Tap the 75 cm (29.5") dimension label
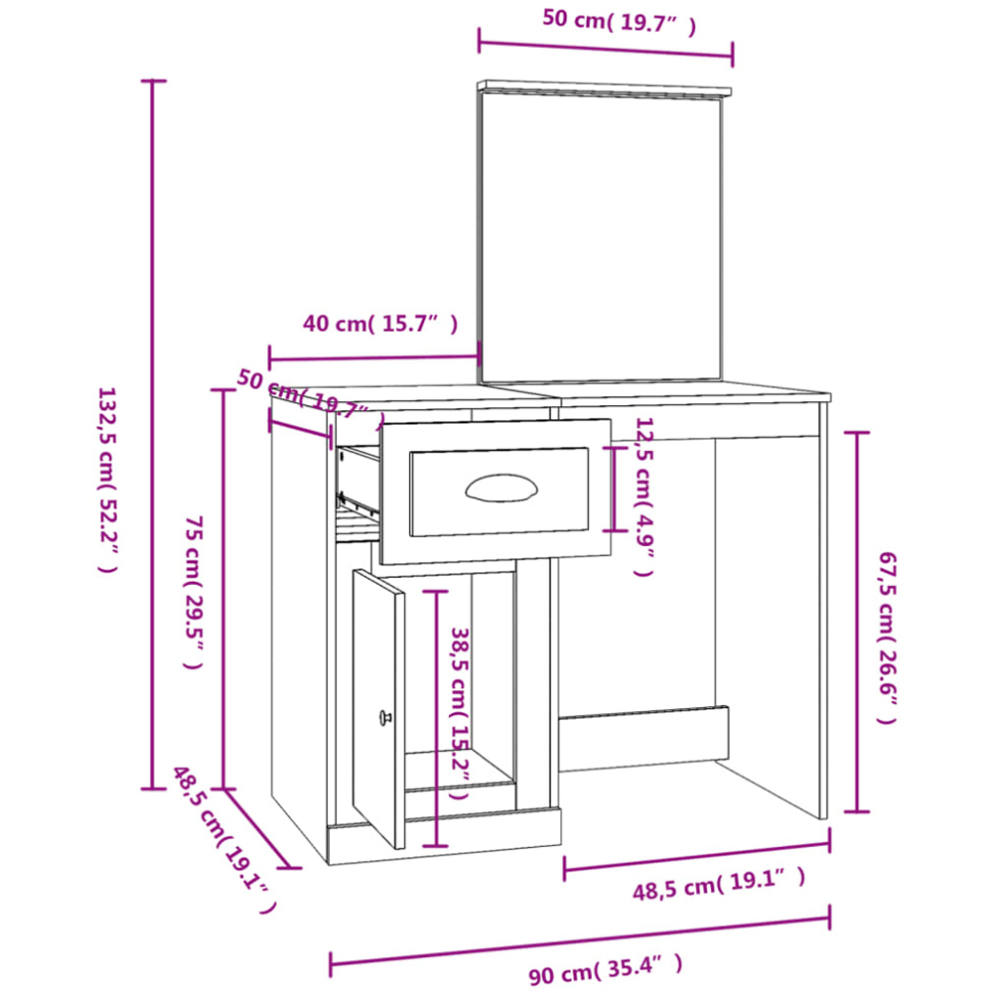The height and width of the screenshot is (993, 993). tap(194, 592)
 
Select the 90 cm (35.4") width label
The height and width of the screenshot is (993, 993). tap(606, 968)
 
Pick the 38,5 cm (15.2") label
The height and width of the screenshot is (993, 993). tap(460, 713)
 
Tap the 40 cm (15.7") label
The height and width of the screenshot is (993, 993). tap(380, 324)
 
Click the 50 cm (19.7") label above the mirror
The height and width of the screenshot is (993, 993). tap(620, 22)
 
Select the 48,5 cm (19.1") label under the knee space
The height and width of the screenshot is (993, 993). tap(719, 884)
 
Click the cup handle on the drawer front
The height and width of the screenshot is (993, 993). tap(500, 489)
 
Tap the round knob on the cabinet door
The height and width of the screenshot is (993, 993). tap(384, 718)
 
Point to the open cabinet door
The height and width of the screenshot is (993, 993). tap(378, 708)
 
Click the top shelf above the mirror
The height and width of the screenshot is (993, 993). tap(604, 88)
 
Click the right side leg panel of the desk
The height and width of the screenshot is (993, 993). tap(822, 610)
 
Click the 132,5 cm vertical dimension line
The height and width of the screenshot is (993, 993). tap(152, 435)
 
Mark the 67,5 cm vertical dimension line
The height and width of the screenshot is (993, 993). tap(857, 622)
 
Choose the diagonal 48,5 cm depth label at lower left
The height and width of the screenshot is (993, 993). tap(224, 840)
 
